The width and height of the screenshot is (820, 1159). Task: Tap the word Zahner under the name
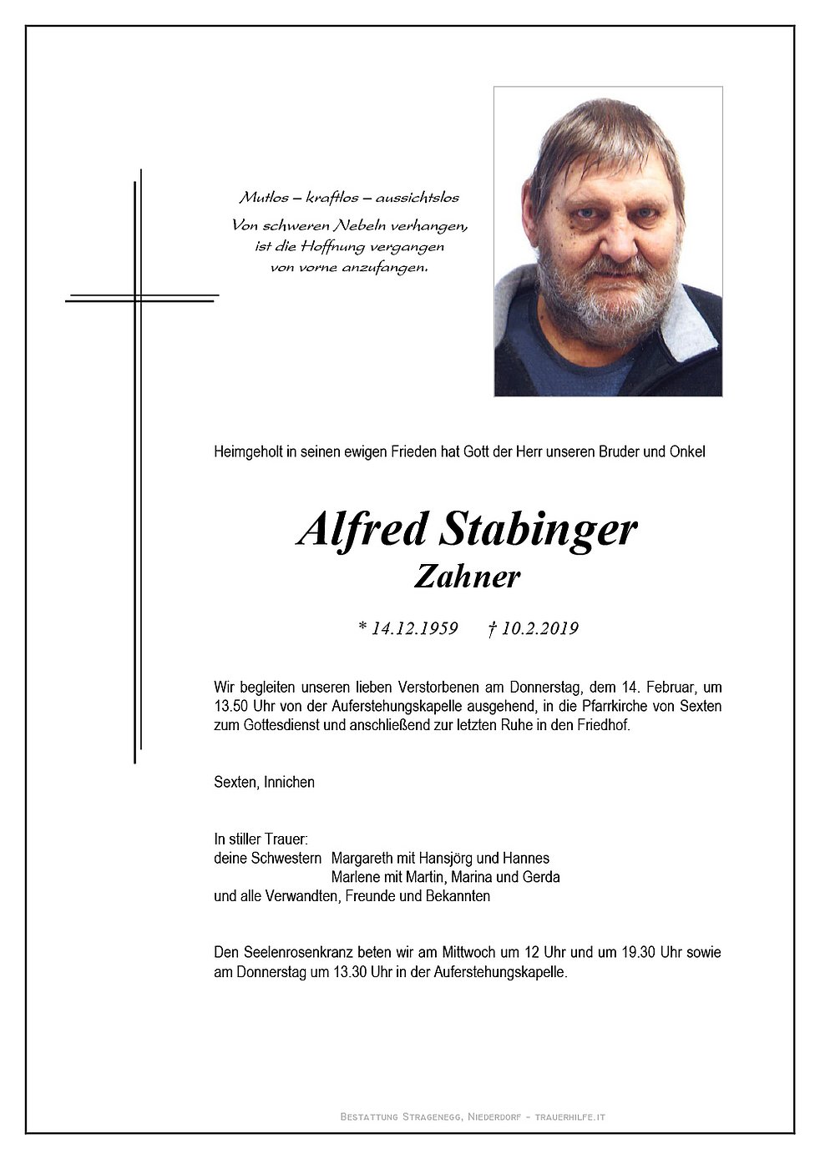[467, 577]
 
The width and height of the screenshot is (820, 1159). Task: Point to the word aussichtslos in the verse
[417, 198]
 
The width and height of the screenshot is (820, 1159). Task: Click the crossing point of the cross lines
[137, 297]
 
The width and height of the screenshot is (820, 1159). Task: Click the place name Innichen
[289, 783]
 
